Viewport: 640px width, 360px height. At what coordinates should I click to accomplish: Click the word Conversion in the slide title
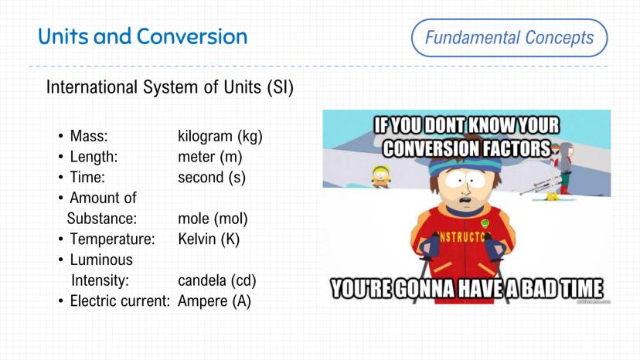[x=192, y=36]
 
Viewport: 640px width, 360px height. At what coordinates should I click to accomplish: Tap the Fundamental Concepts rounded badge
[x=509, y=38]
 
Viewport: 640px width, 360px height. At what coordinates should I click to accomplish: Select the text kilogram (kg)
[x=220, y=136]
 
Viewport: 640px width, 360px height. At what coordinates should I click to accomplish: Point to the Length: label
[x=94, y=157]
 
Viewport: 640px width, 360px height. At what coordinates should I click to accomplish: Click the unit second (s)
[x=212, y=178]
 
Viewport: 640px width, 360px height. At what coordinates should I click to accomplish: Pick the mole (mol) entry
[x=213, y=219]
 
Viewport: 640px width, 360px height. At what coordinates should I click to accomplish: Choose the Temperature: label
[x=113, y=239]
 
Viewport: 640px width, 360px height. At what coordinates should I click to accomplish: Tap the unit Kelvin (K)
[x=209, y=239]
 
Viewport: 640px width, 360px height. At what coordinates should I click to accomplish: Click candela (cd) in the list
[x=217, y=280]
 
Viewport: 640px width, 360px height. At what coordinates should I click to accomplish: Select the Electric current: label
[x=120, y=301]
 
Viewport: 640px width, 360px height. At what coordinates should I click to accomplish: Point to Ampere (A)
[x=214, y=301]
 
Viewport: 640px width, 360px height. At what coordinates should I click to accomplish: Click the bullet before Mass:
[x=61, y=136]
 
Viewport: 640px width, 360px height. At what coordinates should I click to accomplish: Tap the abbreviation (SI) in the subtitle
[x=281, y=87]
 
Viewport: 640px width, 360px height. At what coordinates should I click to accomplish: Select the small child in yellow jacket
[x=381, y=176]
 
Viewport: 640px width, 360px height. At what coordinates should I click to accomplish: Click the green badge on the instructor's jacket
[x=485, y=224]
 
